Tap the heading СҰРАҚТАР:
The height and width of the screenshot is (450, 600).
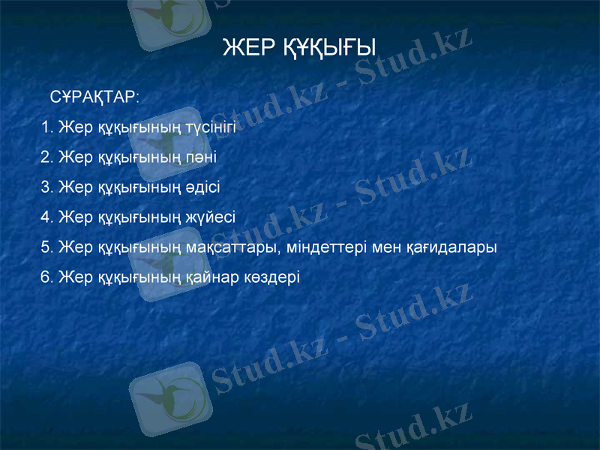coord(94,98)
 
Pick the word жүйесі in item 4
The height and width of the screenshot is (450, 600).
coord(211,217)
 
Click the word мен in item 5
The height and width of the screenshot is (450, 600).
coord(384,247)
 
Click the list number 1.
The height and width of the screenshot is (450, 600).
coord(46,127)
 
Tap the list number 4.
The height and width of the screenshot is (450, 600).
coord(45,217)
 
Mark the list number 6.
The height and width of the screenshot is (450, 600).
coord(45,277)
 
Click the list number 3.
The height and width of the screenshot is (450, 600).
coord(45,187)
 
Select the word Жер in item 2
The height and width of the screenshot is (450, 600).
coord(76,157)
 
